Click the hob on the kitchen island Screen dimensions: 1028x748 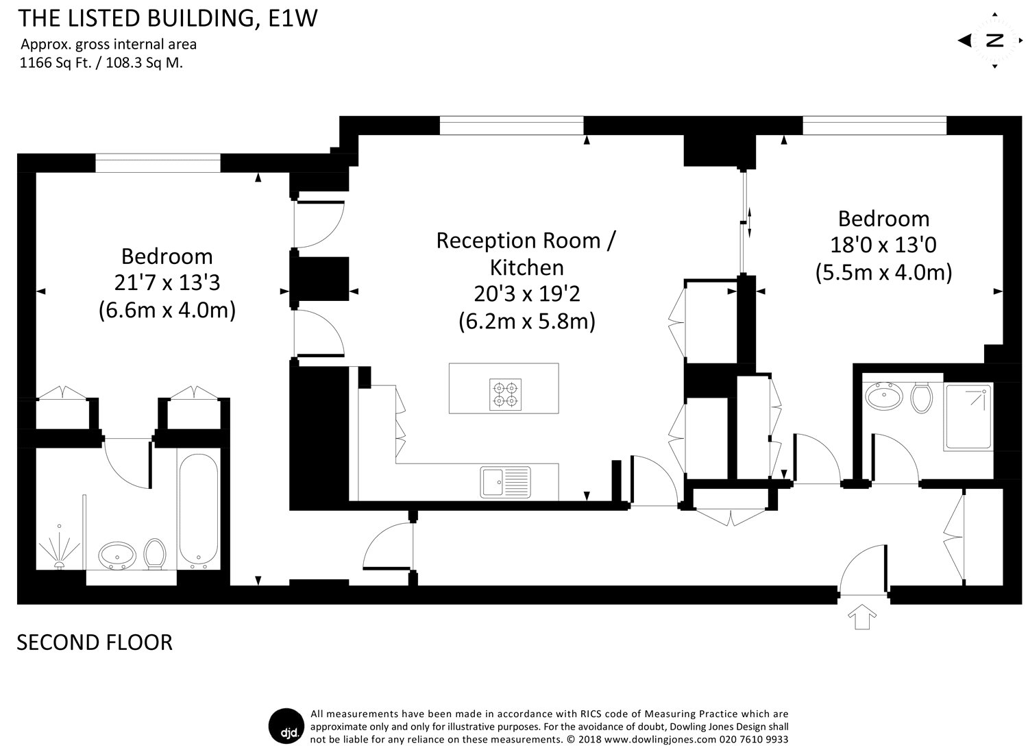(505, 394)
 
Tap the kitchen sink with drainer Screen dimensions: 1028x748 (505, 482)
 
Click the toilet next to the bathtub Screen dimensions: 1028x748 (155, 554)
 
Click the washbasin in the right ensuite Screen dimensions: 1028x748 (884, 396)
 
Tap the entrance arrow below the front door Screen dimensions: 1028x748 (862, 616)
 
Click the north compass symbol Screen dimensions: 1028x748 (994, 41)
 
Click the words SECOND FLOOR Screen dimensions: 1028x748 (95, 642)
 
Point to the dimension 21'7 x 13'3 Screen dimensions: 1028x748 (167, 283)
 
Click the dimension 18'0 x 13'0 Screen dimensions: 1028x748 (883, 245)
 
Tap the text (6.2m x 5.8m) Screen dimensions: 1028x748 (527, 322)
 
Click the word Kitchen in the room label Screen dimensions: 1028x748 (527, 267)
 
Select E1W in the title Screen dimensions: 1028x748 (293, 19)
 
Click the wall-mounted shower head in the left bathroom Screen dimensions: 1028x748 (59, 549)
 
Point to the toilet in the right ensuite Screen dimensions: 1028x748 (921, 398)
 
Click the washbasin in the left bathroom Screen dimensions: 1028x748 (117, 555)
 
